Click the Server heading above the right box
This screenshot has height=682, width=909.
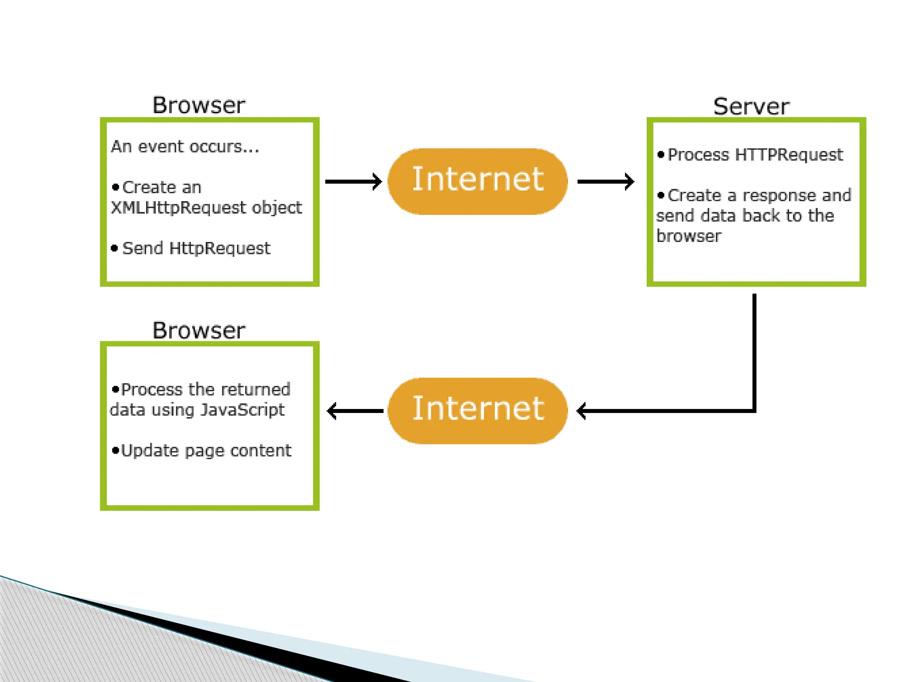[751, 107]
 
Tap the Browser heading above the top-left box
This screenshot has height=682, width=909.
[198, 105]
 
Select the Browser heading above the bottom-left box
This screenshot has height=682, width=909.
[198, 330]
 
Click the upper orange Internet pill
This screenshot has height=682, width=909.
[478, 181]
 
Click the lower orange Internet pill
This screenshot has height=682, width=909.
[478, 410]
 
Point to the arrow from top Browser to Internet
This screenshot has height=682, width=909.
[353, 181]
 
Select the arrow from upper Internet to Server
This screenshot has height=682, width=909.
[605, 181]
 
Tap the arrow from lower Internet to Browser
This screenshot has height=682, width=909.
[355, 411]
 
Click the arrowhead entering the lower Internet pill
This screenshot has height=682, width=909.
[582, 411]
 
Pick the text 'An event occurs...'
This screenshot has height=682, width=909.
[185, 147]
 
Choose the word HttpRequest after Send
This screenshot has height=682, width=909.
[220, 248]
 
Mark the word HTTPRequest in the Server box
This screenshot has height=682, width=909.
[789, 155]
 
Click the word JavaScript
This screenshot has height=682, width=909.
[242, 410]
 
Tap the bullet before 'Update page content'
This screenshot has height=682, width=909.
[116, 451]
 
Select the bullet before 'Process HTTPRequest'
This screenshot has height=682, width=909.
[661, 155]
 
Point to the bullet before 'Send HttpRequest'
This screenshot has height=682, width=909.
[115, 248]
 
